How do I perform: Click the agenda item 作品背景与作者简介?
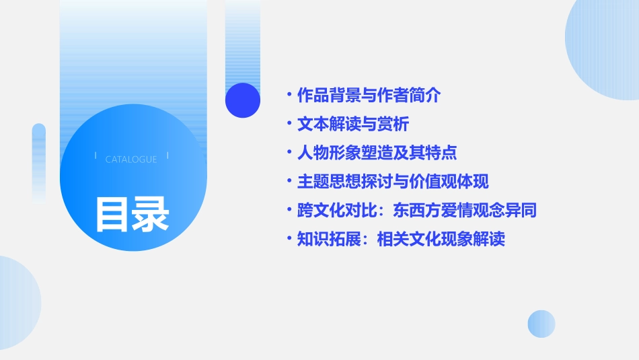pos(369,96)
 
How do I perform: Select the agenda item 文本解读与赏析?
pos(352,124)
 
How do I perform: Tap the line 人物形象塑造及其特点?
pos(377,153)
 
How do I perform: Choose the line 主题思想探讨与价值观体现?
pos(393,182)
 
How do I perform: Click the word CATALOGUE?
pos(131,159)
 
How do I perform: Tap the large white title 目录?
pos(132,214)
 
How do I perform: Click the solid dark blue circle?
pos(243,100)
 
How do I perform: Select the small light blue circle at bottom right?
pos(541,324)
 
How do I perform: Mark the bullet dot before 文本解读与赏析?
pos(290,124)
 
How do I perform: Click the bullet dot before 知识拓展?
pos(290,239)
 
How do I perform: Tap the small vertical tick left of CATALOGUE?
pos(96,156)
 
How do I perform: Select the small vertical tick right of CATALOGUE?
pos(167,156)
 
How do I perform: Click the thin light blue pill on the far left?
pos(39,161)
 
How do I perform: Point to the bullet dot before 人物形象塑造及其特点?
pos(290,153)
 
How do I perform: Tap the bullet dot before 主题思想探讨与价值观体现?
pos(290,182)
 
